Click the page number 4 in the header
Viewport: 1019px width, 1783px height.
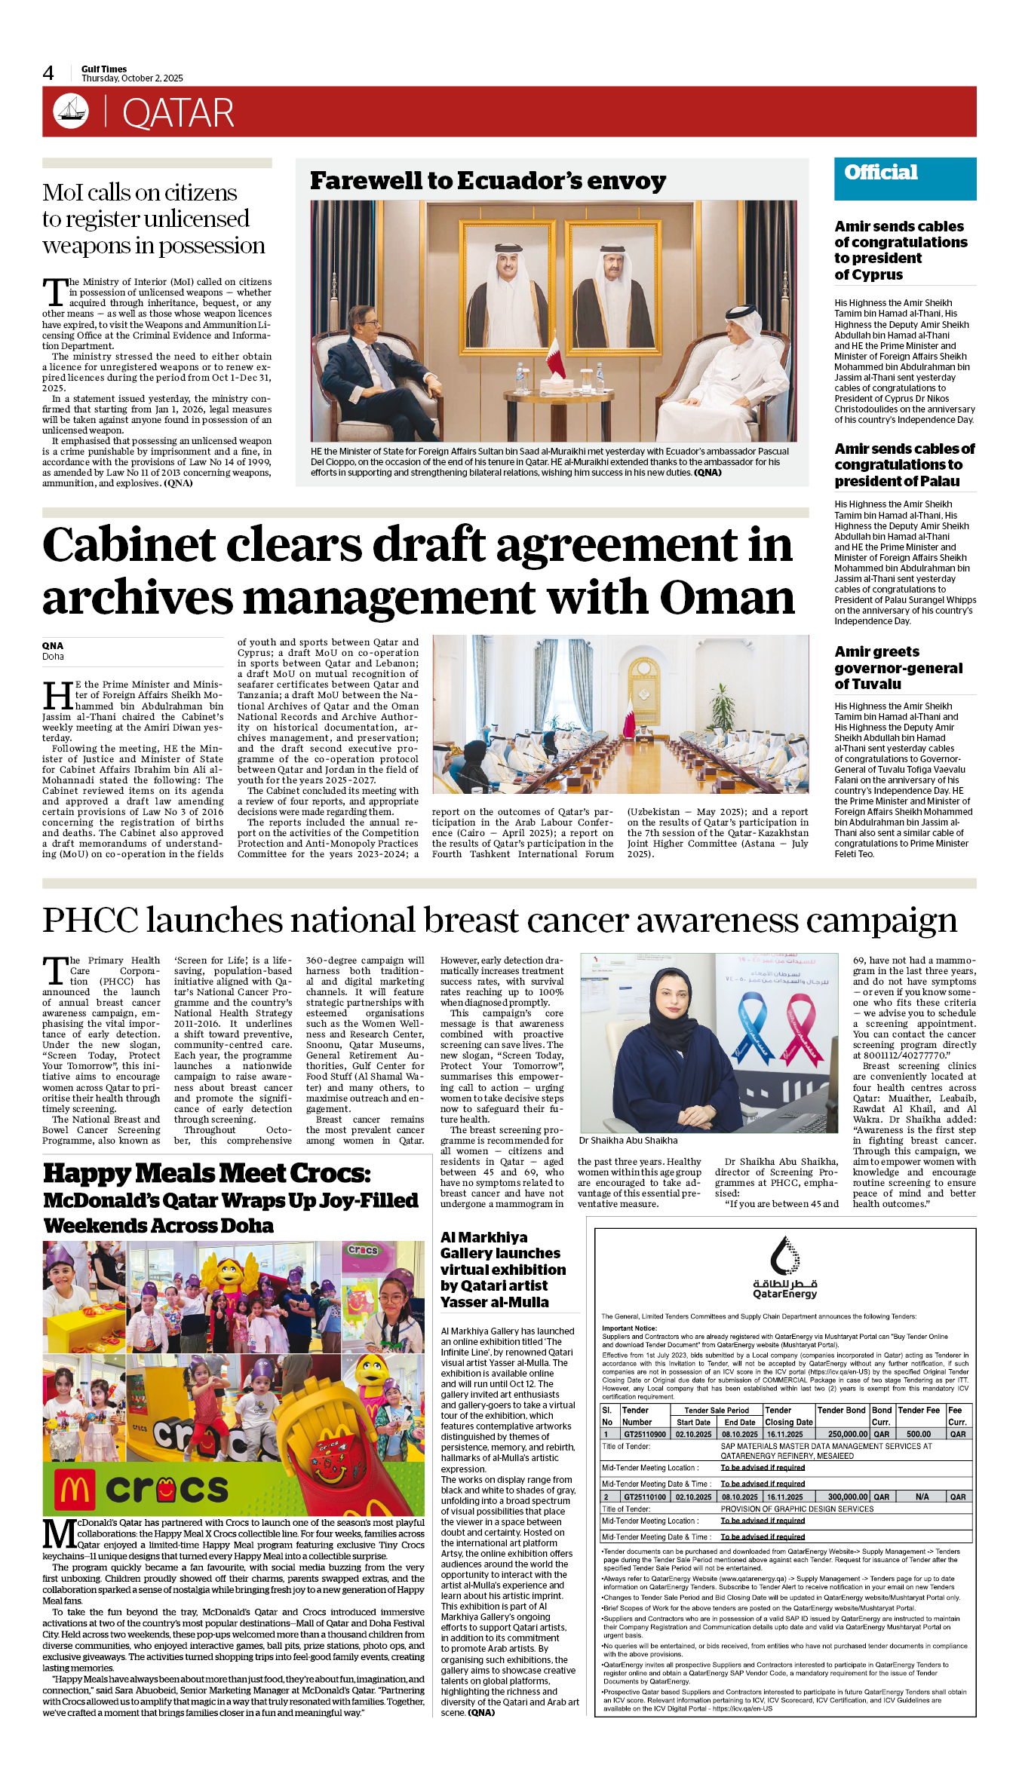48,73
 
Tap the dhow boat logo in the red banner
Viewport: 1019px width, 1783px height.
71,111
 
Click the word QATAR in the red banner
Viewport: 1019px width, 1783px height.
178,114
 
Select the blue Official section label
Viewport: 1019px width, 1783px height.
881,173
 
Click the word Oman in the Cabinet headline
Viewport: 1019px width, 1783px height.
727,597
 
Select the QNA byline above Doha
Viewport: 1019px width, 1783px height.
53,645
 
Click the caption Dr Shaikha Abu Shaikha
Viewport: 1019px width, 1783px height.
628,1141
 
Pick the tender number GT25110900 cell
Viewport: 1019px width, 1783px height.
644,1435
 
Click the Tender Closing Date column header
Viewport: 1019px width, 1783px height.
788,1417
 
